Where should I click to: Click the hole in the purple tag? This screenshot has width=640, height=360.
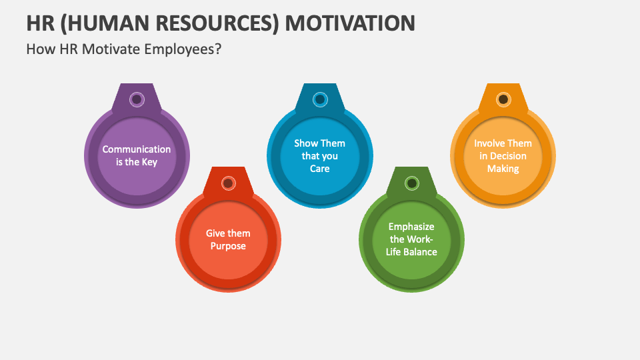137,99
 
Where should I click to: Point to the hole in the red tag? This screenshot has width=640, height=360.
228,183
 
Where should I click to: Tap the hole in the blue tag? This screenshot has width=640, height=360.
320,99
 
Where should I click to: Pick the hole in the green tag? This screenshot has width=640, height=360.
411,183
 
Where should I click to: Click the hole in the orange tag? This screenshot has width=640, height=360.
503,99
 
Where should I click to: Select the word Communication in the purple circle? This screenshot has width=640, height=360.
137,149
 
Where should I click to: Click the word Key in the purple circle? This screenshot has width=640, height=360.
149,162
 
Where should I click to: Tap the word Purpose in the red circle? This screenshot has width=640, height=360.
228,246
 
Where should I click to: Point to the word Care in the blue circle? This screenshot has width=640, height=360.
320,169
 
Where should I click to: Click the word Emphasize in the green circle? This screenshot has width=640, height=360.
411,227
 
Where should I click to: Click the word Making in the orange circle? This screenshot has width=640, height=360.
503,169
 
